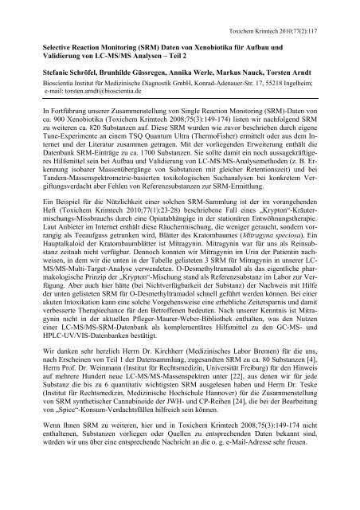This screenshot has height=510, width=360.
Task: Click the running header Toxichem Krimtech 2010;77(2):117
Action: (292, 25)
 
